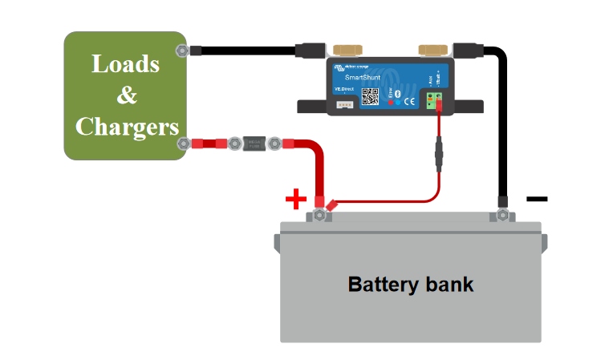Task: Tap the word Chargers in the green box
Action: (126, 127)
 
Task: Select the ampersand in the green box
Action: (126, 95)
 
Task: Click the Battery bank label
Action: (410, 284)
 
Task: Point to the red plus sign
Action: (296, 198)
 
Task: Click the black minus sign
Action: (537, 198)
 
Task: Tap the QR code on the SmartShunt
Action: (370, 96)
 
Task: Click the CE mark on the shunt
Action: (408, 101)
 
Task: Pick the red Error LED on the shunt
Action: (391, 102)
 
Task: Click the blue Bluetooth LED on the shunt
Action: (399, 102)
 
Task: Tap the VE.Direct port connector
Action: (345, 104)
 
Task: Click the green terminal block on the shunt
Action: (435, 101)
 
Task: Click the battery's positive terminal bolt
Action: (319, 215)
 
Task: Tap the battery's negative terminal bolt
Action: (502, 215)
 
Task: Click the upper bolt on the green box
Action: (183, 51)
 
